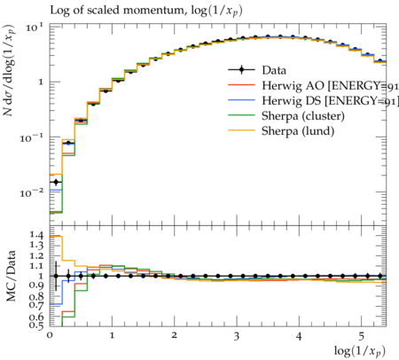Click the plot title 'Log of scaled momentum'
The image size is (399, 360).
point(117,11)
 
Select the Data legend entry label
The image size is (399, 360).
point(274,70)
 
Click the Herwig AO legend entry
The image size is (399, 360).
point(330,85)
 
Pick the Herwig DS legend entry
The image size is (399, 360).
point(330,101)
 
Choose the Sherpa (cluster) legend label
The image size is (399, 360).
point(303,116)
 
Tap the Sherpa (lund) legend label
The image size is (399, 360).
point(298,131)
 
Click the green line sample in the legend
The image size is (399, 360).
point(241,115)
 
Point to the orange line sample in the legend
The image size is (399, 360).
point(241,130)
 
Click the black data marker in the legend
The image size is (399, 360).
point(241,70)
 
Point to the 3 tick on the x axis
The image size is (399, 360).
point(236,336)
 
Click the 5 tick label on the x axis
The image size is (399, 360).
point(361,336)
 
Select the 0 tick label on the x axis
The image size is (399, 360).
point(50,335)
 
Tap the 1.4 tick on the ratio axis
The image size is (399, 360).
point(36,235)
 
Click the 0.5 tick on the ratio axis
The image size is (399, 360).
point(36,325)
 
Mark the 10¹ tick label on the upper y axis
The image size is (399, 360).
point(35,27)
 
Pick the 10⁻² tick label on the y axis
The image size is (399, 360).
point(32,193)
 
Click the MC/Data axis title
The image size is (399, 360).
point(12,276)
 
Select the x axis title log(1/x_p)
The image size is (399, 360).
point(360,351)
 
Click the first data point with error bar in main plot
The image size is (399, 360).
point(56,182)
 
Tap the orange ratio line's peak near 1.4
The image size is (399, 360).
point(56,236)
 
